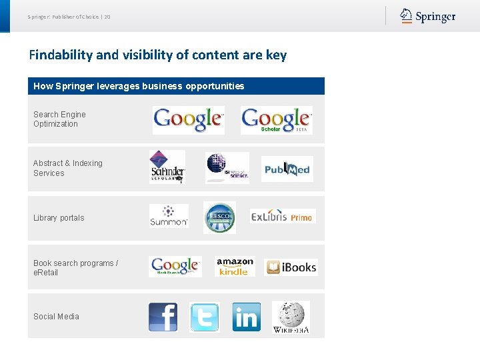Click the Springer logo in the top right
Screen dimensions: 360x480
pos(428,16)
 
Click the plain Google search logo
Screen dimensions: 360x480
pos(188,120)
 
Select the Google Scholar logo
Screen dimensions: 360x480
pos(276,120)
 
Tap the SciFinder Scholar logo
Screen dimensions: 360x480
pos(167,167)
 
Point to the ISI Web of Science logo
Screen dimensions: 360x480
pos(227,168)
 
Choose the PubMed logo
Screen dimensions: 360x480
pos(287,169)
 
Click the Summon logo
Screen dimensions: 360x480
pos(169,216)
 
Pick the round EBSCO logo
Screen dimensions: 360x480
pos(219,217)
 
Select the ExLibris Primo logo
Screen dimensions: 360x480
pos(283,217)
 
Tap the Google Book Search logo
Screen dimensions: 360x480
pos(175,267)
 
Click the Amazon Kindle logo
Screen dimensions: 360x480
pos(235,267)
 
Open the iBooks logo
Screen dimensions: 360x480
pos(291,267)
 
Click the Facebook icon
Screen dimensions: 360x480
pos(163,317)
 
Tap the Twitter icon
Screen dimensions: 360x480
pos(204,317)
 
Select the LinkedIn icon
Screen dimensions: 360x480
pos(246,317)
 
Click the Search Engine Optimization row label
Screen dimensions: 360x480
pos(59,119)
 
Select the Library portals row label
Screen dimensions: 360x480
pos(59,218)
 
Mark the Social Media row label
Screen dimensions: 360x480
pos(56,317)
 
